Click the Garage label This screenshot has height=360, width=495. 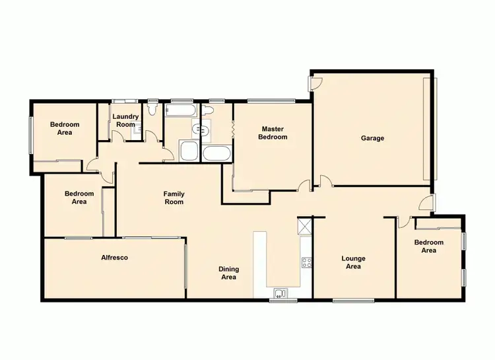(x=372, y=138)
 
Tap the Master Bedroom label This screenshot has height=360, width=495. (x=274, y=133)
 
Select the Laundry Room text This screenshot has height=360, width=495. (x=125, y=120)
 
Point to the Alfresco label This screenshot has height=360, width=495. (x=114, y=258)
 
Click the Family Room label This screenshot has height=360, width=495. (x=174, y=198)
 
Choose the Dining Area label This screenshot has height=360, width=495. (x=228, y=273)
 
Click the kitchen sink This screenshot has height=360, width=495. (x=280, y=293)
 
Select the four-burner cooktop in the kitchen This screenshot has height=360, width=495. (x=306, y=262)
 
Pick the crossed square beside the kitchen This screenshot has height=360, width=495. (x=304, y=227)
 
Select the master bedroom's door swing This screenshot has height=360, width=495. (x=304, y=186)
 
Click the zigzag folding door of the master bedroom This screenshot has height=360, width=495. (x=234, y=130)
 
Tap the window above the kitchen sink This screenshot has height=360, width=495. (x=279, y=301)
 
